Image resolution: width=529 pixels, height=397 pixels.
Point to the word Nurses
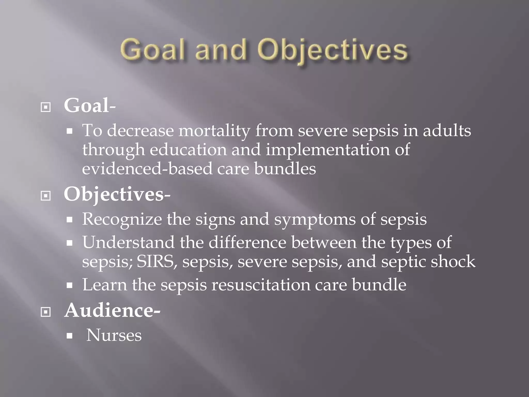(114, 335)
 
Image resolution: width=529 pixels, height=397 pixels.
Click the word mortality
(214, 131)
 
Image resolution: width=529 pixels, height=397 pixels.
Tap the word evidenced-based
(147, 169)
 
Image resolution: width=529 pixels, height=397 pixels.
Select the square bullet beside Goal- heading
(46, 108)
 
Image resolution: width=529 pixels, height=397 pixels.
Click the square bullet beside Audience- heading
(46, 312)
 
